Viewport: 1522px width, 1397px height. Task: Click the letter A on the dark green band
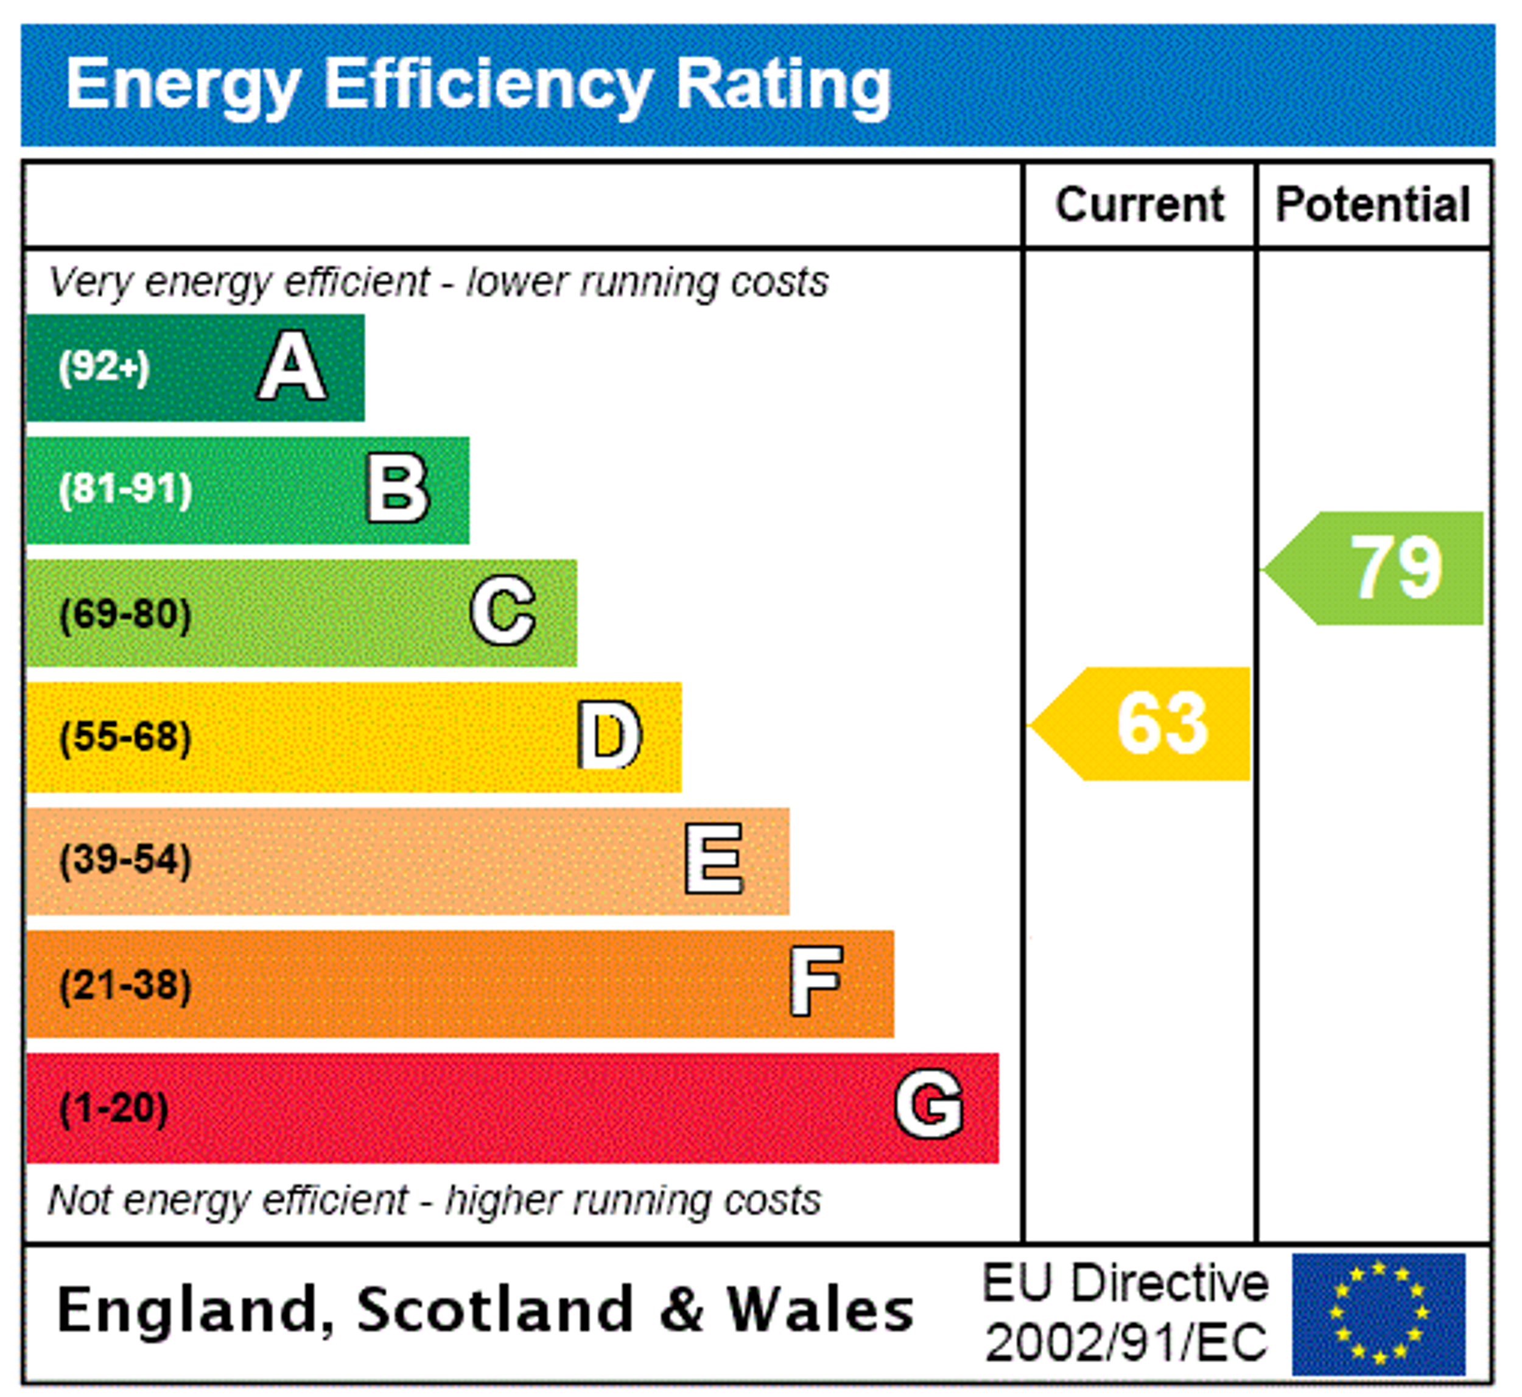(x=292, y=367)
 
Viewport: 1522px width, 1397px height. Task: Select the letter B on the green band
(x=398, y=489)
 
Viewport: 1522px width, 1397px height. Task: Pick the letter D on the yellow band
(x=609, y=735)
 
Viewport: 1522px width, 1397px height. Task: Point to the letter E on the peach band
(x=714, y=859)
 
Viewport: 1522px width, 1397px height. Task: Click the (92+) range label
(x=104, y=367)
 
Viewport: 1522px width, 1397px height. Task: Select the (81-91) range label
(x=125, y=490)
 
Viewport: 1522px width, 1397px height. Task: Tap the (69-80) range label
(x=125, y=614)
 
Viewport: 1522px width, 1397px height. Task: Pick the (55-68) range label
(x=125, y=737)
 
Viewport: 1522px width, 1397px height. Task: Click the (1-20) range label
(x=114, y=1108)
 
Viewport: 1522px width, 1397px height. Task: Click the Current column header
(x=1140, y=205)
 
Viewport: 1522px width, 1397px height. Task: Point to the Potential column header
(x=1373, y=205)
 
